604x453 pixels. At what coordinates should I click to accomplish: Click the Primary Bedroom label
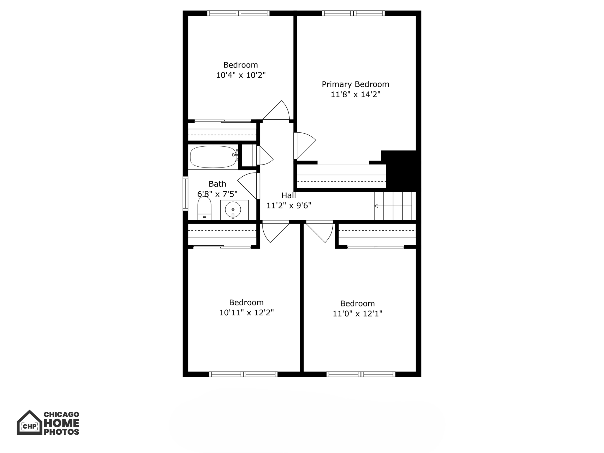coord(355,84)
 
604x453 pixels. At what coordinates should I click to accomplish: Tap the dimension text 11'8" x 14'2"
coord(355,94)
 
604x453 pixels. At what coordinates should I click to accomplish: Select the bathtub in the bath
coord(213,157)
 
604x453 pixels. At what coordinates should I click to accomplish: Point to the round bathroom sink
coord(233,210)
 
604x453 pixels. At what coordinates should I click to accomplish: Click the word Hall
coord(288,195)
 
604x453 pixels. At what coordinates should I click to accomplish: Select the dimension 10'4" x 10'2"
coord(241,75)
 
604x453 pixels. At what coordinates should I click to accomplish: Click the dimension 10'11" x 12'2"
coord(246,313)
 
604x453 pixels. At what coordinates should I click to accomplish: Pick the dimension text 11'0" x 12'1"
coord(357,314)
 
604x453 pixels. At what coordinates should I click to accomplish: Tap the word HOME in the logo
coord(61,423)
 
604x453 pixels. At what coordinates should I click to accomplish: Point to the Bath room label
coord(217,184)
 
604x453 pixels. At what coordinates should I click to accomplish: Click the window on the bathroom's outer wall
coord(186,193)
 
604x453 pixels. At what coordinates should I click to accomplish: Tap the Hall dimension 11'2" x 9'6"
coord(289,206)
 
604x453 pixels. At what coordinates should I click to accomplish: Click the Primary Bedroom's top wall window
coord(353,13)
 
